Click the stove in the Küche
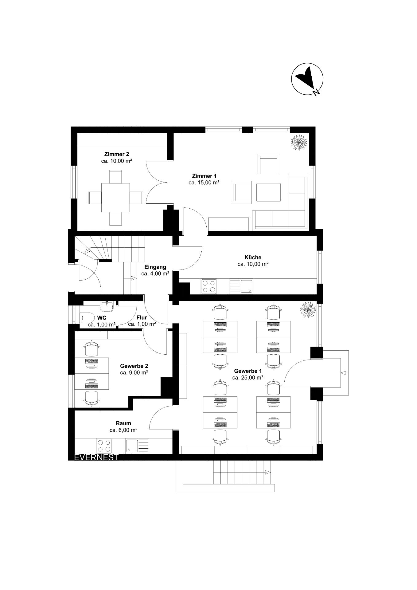click(209, 286)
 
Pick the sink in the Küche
click(241, 286)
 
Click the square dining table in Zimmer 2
click(115, 197)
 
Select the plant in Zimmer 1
click(298, 142)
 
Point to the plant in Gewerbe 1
click(308, 310)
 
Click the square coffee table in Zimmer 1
click(268, 192)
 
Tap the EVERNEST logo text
click(96, 457)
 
